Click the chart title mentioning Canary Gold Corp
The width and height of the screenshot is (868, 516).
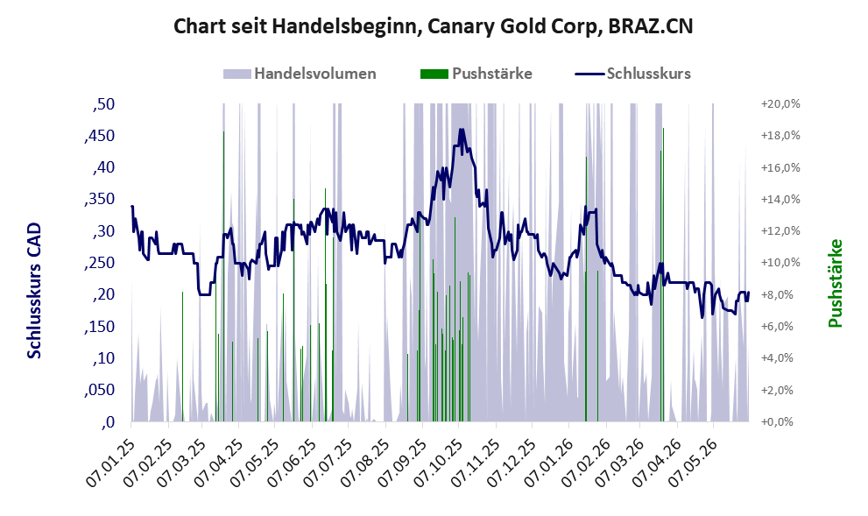(433, 26)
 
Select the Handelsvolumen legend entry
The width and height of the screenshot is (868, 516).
(300, 74)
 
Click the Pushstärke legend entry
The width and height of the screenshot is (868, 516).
(476, 74)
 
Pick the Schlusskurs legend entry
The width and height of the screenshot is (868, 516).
(632, 74)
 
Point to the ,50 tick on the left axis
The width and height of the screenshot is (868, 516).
(103, 104)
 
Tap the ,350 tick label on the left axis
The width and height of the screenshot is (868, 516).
(100, 200)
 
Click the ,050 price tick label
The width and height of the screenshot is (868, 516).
(100, 390)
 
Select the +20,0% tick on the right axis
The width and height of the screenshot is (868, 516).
(780, 104)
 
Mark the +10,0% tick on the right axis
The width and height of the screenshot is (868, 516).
(780, 263)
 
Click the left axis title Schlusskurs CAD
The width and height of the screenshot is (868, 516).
(34, 290)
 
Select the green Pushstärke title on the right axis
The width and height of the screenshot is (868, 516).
(835, 283)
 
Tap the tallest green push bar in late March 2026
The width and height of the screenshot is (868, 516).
(663, 274)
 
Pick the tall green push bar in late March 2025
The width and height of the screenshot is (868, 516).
(223, 276)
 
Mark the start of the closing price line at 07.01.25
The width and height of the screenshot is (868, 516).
(131, 206)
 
